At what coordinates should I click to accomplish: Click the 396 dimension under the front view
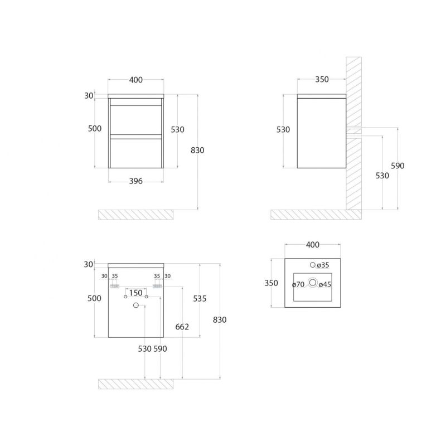pos(135,181)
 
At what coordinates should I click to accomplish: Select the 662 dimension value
pos(182,327)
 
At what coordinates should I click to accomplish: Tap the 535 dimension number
pos(200,298)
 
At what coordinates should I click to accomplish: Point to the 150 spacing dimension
pos(135,293)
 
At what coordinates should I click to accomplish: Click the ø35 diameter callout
pos(323,265)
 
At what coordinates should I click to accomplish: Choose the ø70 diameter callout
pos(298,284)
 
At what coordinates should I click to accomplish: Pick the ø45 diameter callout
pos(325,284)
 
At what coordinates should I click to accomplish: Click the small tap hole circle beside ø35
pos(313,265)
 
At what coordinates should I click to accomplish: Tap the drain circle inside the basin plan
pos(313,283)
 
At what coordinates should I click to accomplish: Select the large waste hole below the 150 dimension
pos(136,305)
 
